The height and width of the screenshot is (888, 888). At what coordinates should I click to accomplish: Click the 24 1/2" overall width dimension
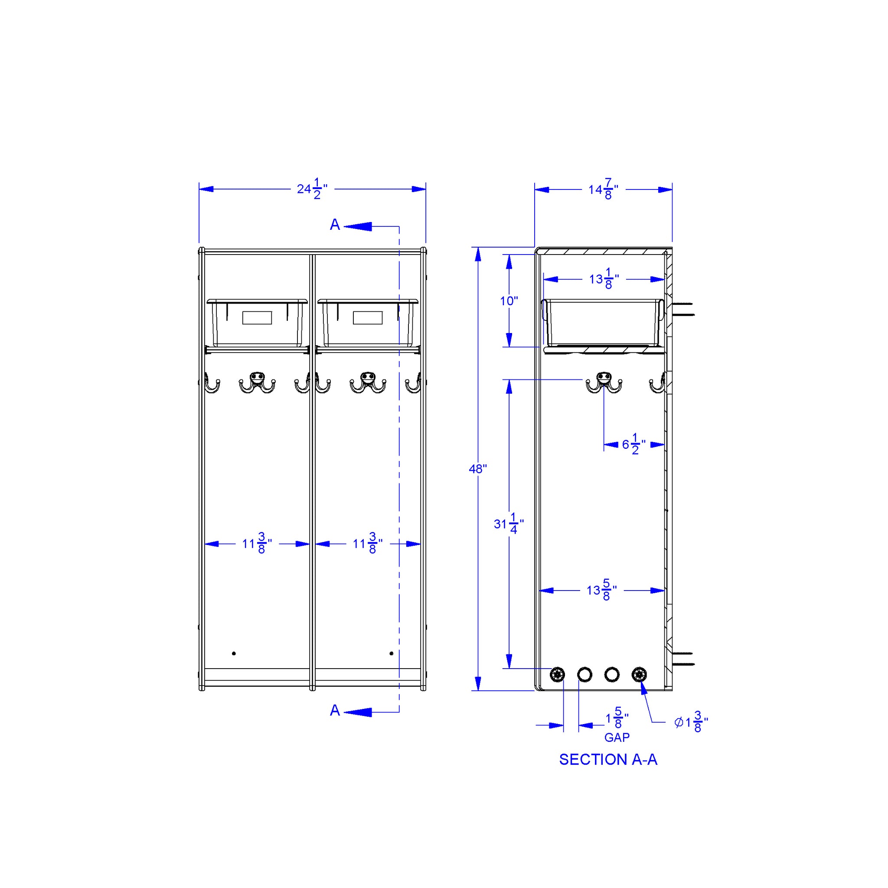[x=312, y=189]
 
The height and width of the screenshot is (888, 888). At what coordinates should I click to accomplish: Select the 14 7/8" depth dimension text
[x=603, y=189]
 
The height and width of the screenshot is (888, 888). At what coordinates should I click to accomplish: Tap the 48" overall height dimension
[x=477, y=469]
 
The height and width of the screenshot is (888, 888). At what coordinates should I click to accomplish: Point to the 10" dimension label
[x=509, y=301]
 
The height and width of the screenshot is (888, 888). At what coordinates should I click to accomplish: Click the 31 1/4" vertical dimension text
[x=509, y=523]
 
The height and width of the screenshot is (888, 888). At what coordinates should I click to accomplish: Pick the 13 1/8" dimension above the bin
[x=604, y=279]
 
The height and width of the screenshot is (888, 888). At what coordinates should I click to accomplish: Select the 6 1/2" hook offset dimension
[x=634, y=444]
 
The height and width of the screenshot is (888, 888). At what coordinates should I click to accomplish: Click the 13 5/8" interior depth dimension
[x=602, y=590]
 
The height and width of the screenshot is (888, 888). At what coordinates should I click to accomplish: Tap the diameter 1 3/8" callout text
[x=691, y=722]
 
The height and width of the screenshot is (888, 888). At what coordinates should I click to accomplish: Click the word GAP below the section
[x=617, y=738]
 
